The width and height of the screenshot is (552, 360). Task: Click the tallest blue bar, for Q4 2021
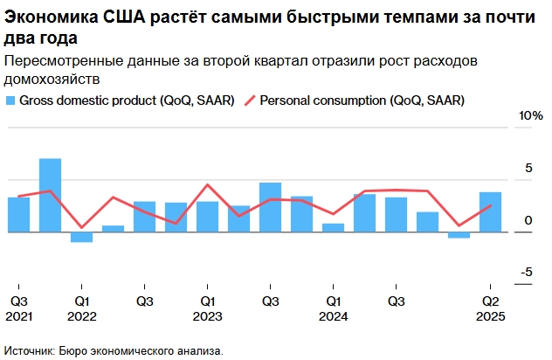[50, 196]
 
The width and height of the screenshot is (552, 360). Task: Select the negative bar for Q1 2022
[81, 237]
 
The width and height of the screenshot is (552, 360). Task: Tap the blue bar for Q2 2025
[491, 212]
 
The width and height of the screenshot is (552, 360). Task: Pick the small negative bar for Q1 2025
[459, 235]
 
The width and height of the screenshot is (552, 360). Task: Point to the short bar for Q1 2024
[333, 228]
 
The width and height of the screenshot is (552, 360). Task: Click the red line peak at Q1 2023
[207, 184]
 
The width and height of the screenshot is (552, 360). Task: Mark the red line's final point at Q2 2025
[491, 206]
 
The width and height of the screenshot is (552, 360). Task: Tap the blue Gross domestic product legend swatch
[10, 100]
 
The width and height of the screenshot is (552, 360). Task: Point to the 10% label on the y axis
[531, 116]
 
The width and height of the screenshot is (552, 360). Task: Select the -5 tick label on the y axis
[526, 273]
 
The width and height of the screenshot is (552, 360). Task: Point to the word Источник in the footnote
[27, 350]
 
